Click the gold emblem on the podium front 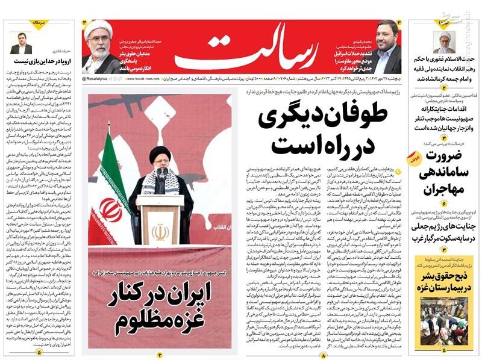pos(160,231)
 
